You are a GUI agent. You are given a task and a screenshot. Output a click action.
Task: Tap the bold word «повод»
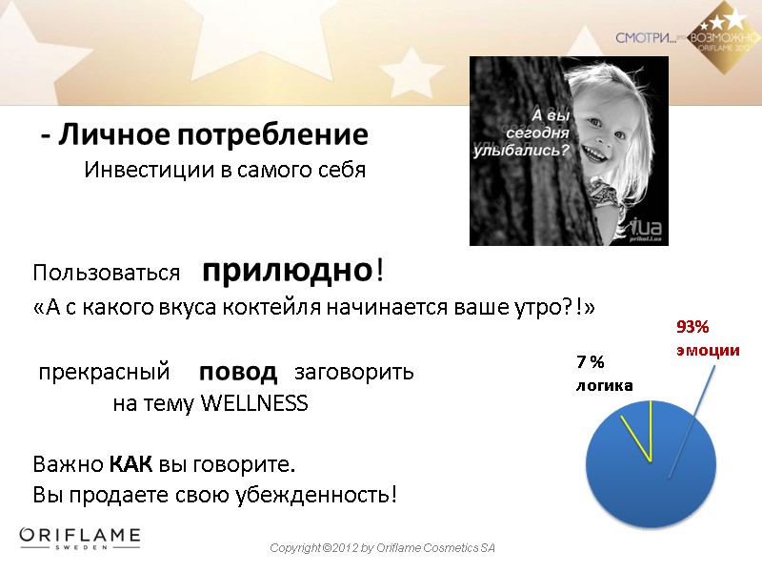[x=238, y=371]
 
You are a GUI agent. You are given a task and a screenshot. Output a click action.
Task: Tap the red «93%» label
[x=692, y=327]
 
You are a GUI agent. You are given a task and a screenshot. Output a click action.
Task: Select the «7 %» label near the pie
[x=590, y=362]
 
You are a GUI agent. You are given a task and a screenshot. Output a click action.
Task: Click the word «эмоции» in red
[x=708, y=350]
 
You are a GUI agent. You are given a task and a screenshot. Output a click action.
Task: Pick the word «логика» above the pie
[x=603, y=384]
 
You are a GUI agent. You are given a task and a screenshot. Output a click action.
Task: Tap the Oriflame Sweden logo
[x=80, y=539]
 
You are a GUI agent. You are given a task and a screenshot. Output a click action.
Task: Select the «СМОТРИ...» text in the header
[x=645, y=38]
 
